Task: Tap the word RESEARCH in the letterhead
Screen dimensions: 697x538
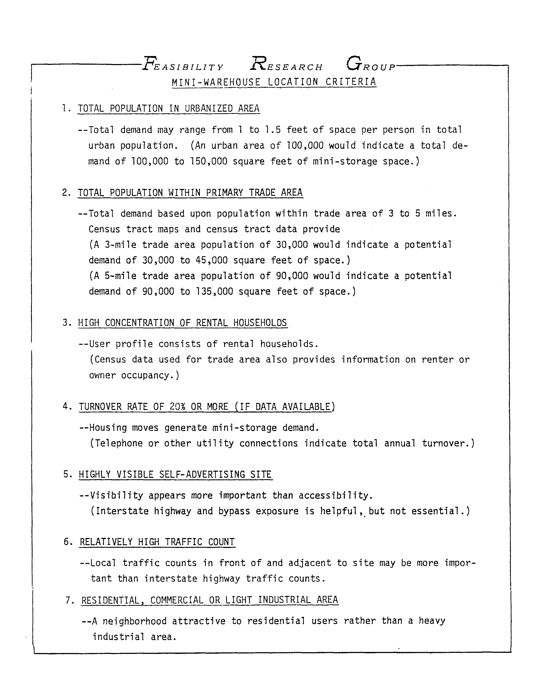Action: [286, 65]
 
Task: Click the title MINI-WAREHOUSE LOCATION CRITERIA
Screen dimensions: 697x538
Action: [274, 82]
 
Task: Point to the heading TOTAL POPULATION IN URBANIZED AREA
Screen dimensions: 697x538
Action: [168, 109]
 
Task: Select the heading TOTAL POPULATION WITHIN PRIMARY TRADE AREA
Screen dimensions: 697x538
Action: [190, 193]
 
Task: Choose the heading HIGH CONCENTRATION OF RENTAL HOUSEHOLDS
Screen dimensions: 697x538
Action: [183, 323]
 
